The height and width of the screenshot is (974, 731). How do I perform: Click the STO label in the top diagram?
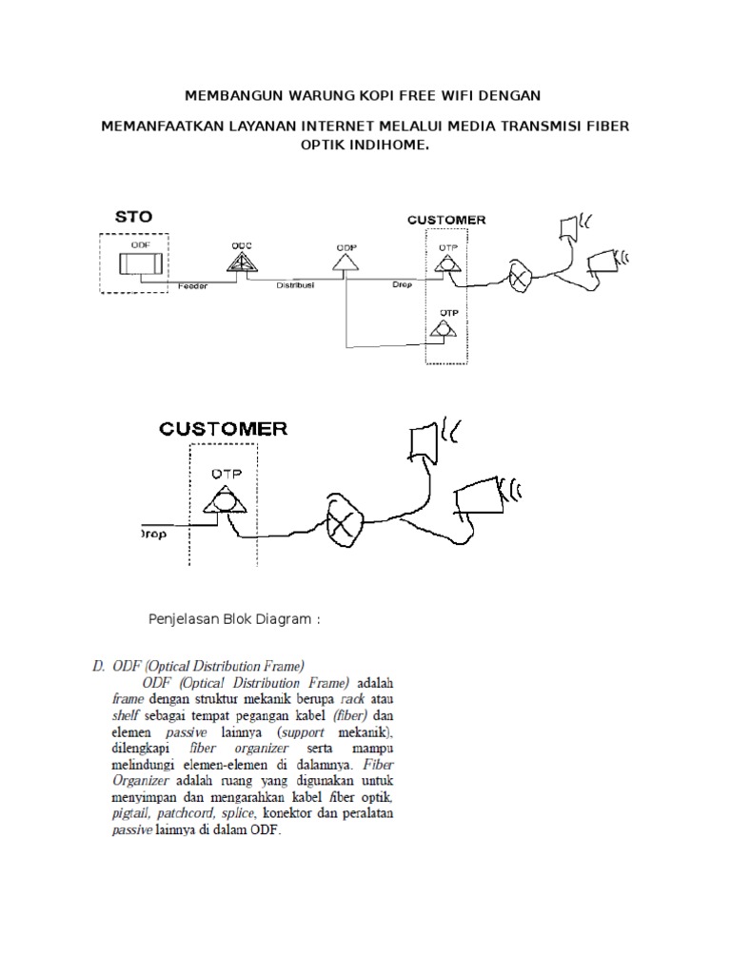pos(133,216)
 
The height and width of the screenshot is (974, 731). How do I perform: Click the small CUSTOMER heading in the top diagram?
pos(446,220)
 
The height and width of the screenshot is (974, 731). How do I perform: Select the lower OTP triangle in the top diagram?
pos(444,329)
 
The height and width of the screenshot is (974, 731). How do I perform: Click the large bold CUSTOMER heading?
pos(224,429)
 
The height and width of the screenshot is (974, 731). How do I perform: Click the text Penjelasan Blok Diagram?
pos(234,619)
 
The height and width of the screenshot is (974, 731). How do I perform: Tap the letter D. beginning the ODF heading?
pos(99,666)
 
